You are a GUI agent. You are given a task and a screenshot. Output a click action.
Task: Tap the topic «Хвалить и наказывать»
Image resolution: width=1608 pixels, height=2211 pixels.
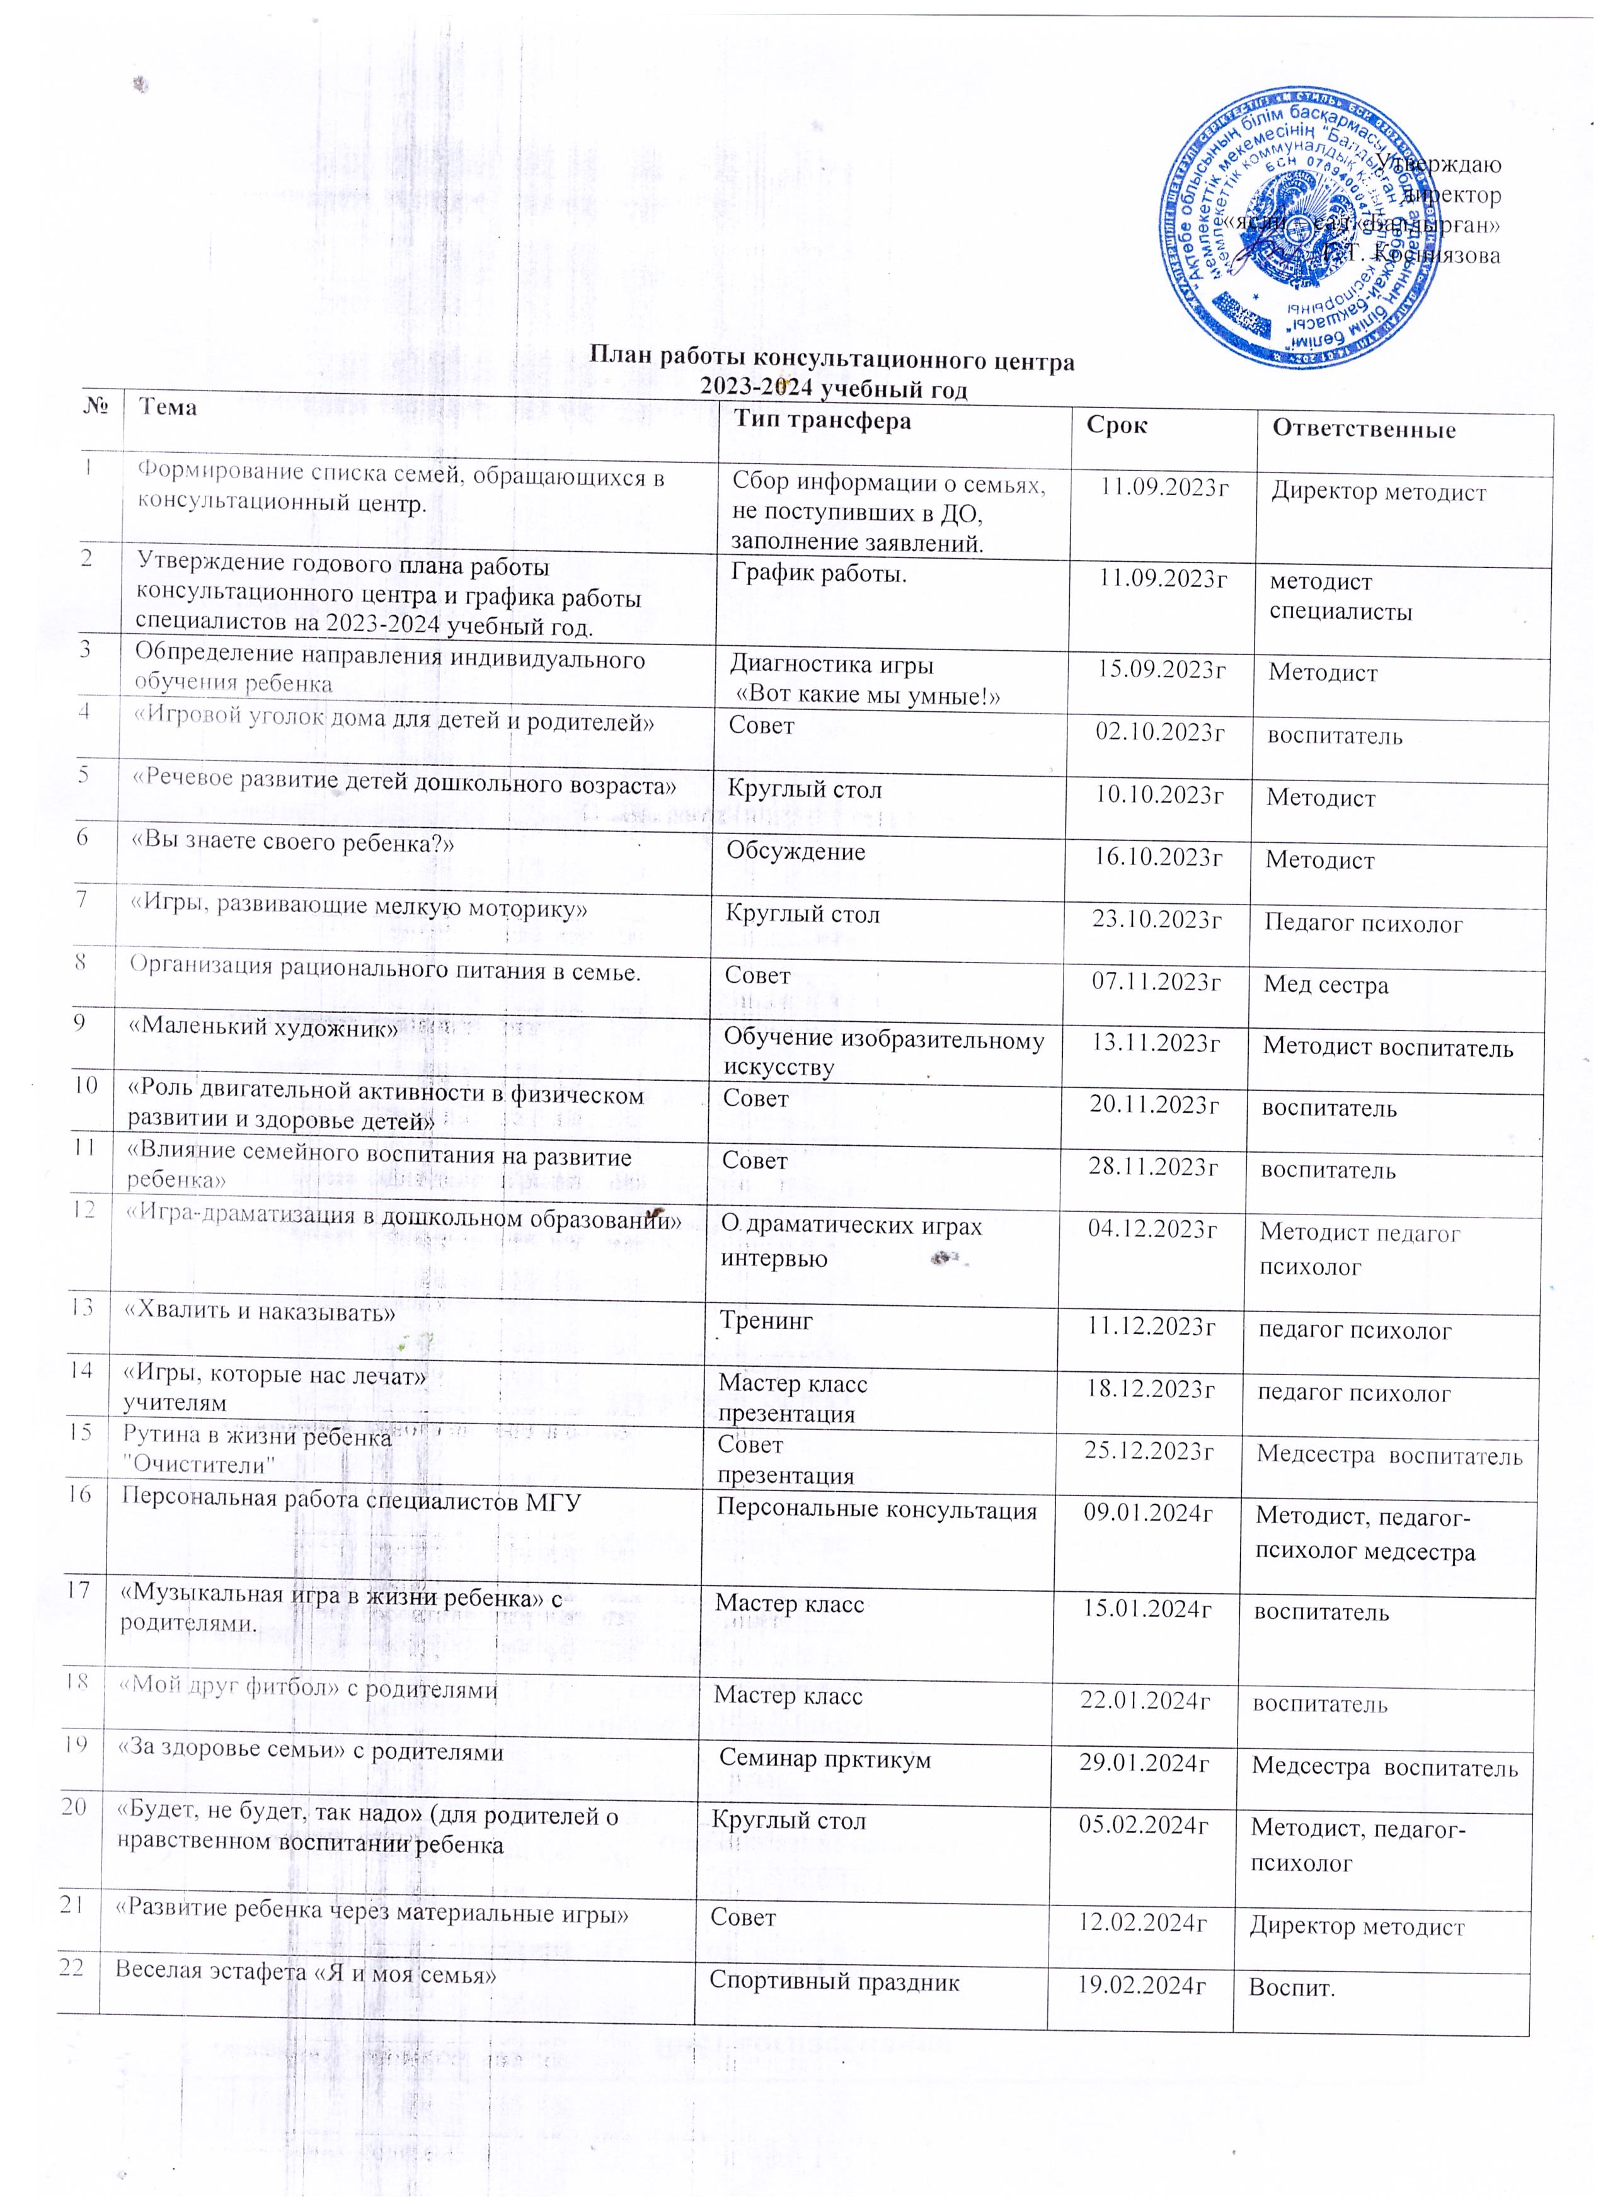click(x=258, y=1312)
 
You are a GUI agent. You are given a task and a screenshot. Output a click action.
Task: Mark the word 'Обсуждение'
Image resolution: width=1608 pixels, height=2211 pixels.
click(x=796, y=852)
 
